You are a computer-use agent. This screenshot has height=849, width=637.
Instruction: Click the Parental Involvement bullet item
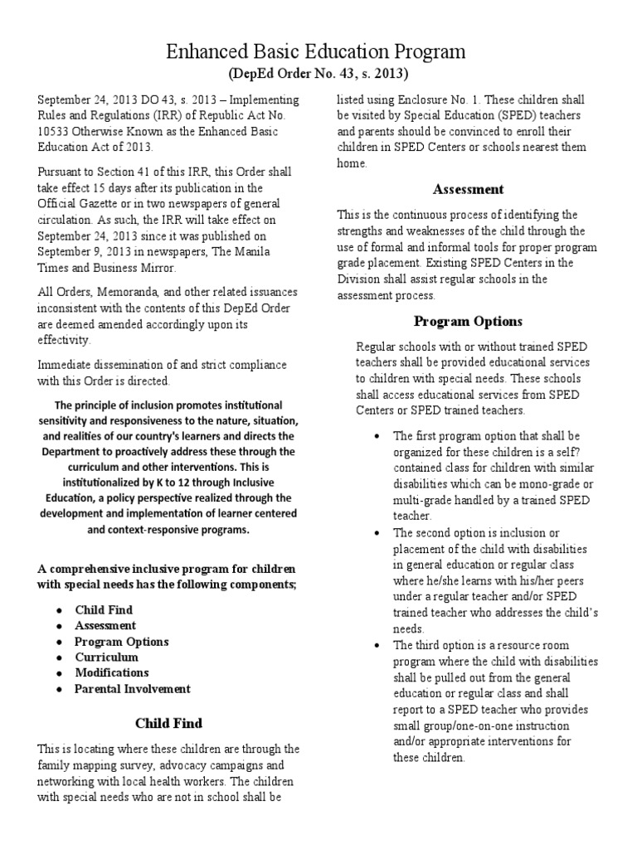[132, 688]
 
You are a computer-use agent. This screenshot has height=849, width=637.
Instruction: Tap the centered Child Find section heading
[168, 723]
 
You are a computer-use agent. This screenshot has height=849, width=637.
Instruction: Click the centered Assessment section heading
[469, 189]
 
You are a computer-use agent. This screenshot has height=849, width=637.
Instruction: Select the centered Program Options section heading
[469, 321]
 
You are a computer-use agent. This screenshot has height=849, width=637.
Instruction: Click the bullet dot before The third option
[377, 645]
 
